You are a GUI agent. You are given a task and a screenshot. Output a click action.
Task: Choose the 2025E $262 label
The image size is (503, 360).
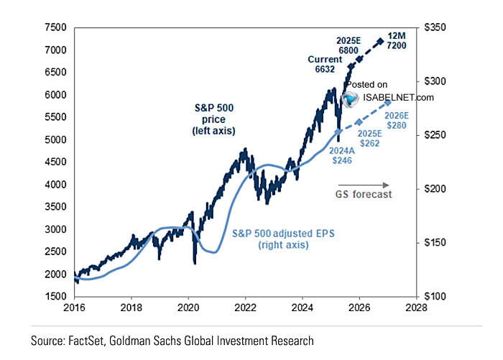(x=370, y=139)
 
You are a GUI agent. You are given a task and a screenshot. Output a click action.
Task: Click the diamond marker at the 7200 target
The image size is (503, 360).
(x=380, y=42)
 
